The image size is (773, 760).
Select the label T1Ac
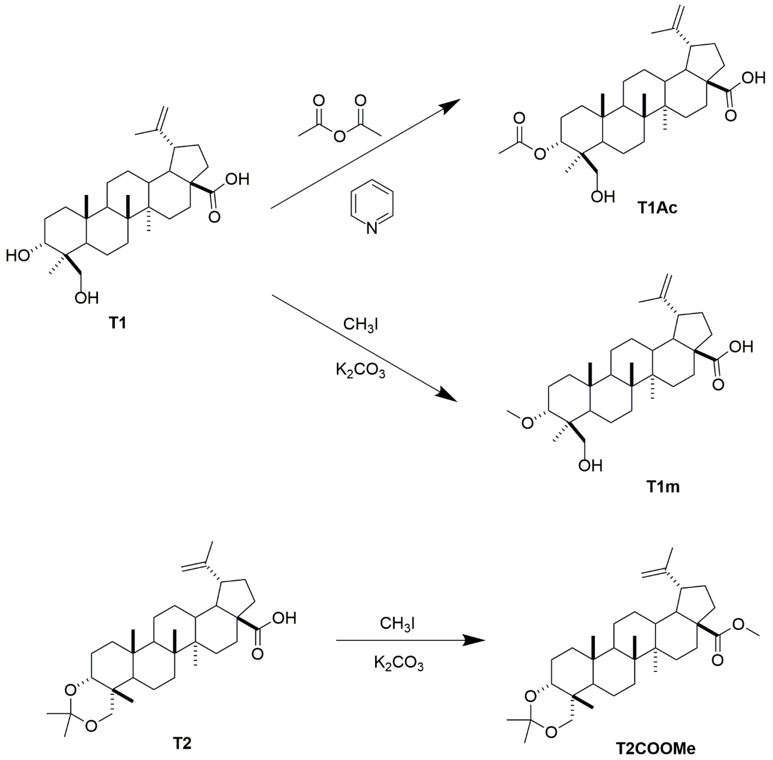(657, 208)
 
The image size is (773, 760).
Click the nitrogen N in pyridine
(372, 228)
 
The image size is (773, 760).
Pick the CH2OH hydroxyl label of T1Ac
(603, 197)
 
